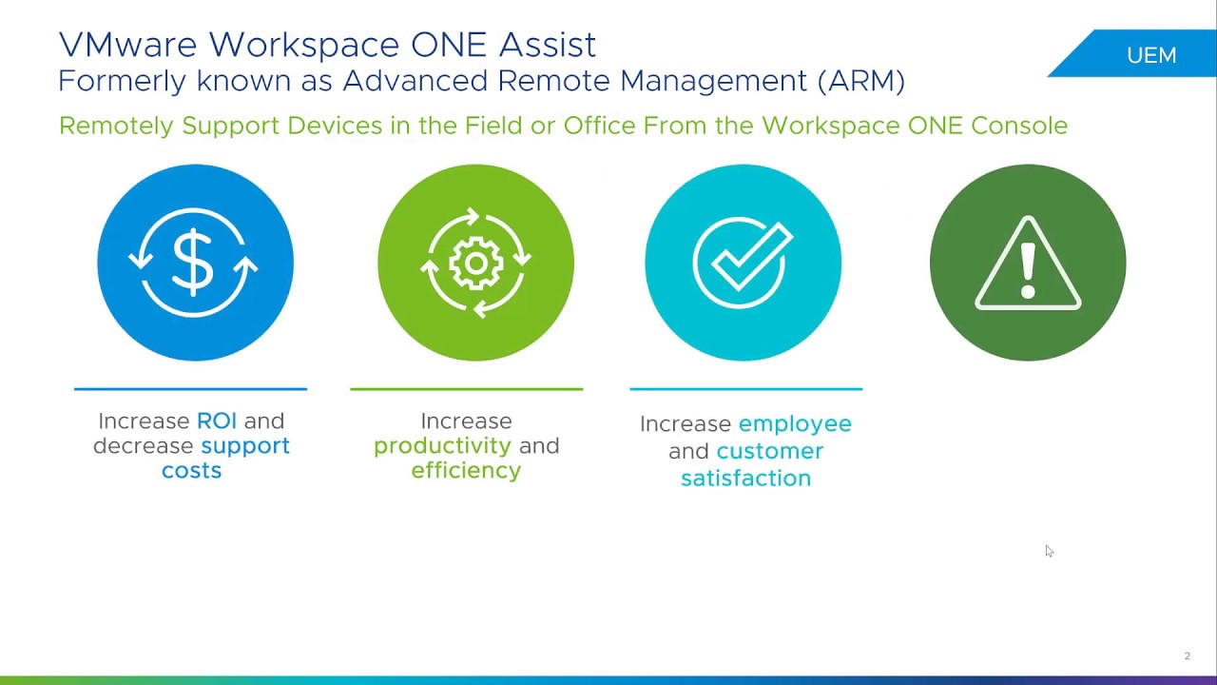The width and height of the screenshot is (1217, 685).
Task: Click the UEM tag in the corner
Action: click(1150, 55)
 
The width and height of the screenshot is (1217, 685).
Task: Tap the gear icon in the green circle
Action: click(475, 263)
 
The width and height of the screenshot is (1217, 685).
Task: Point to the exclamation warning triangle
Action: click(1028, 264)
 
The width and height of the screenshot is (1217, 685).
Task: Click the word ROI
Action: click(217, 421)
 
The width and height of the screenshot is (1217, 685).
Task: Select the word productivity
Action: click(442, 445)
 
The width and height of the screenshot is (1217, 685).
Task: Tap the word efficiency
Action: click(466, 470)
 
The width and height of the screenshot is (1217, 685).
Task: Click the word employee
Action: click(795, 423)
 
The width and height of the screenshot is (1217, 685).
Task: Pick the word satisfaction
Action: click(745, 478)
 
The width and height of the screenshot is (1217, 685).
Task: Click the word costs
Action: click(191, 470)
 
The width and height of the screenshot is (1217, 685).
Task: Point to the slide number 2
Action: click(1187, 656)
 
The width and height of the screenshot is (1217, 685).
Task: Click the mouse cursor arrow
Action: click(1049, 551)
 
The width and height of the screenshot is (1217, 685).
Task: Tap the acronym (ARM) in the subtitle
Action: click(860, 81)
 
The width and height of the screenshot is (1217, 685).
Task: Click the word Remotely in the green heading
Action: click(116, 126)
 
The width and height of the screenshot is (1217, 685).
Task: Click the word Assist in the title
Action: click(551, 45)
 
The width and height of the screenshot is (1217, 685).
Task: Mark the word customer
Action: click(769, 451)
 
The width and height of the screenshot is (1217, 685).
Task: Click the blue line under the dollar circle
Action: click(190, 388)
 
